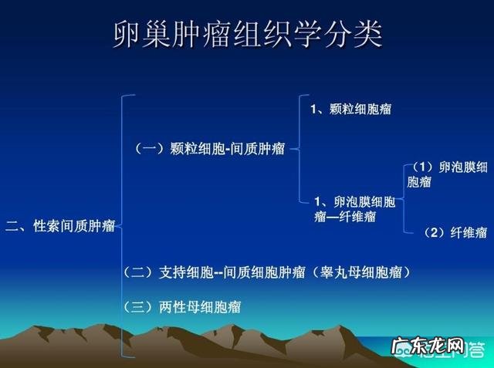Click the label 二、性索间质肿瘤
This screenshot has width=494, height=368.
[60, 226]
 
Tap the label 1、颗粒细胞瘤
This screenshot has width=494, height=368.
[350, 109]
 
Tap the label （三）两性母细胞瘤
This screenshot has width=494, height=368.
[182, 307]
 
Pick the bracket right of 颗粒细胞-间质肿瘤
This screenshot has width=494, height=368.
[296, 150]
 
